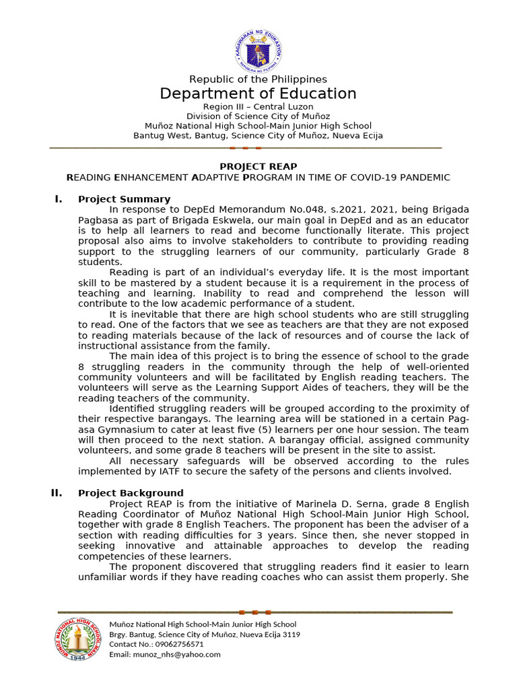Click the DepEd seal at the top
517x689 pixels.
258,50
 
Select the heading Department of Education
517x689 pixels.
258,94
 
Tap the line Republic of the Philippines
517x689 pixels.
258,79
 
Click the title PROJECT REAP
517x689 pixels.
258,167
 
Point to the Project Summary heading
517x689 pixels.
124,199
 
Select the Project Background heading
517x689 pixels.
131,493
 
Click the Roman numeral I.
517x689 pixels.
59,199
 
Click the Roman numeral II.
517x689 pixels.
57,493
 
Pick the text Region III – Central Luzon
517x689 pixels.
258,107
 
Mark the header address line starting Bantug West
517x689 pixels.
258,135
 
